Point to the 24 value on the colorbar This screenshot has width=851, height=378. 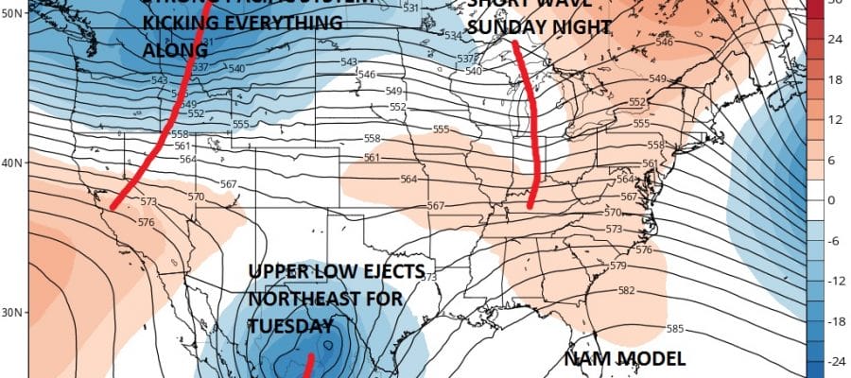[838, 41]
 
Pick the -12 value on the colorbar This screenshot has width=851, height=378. [838, 281]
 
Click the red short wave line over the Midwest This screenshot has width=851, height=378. [534, 123]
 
